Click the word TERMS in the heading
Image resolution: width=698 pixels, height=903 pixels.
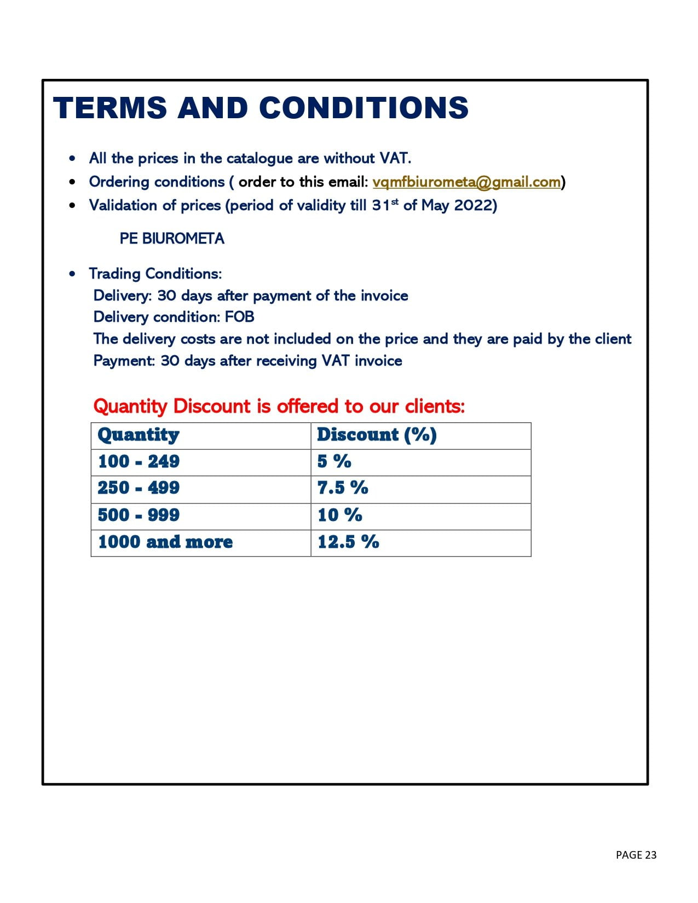tap(109, 107)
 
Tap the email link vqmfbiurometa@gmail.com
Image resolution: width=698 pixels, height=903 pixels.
tap(466, 182)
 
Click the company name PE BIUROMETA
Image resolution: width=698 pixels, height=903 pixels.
tap(172, 239)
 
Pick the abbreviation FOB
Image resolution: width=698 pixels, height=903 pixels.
tap(240, 317)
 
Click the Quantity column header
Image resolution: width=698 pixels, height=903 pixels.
tap(139, 435)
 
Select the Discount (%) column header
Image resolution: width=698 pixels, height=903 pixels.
tap(377, 435)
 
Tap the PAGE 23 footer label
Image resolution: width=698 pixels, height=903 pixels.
tap(636, 855)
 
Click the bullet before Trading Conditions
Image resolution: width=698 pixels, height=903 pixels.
tap(73, 274)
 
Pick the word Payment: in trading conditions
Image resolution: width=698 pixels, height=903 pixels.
tap(124, 361)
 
